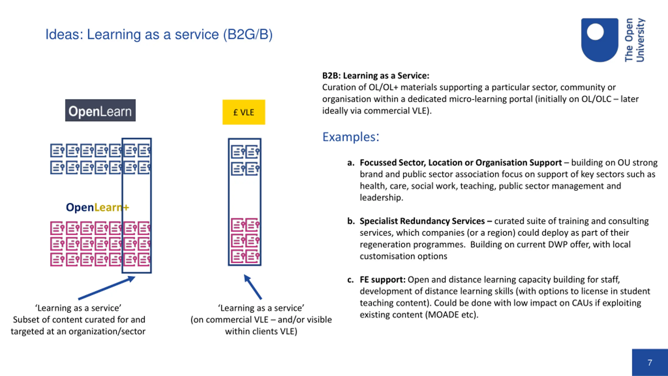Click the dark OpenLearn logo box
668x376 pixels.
pyautogui.click(x=100, y=110)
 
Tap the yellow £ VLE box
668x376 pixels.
pyautogui.click(x=244, y=112)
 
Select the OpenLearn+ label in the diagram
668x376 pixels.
pyautogui.click(x=98, y=207)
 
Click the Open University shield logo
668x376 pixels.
pyautogui.click(x=600, y=40)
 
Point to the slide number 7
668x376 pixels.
pyautogui.click(x=650, y=362)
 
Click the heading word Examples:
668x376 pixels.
pyautogui.click(x=351, y=137)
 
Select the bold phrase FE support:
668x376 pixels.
pyautogui.click(x=383, y=279)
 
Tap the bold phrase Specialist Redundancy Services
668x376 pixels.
pyautogui.click(x=422, y=221)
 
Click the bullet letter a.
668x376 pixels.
pyautogui.click(x=351, y=163)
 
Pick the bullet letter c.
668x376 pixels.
pyautogui.click(x=350, y=280)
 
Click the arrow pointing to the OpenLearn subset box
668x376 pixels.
pyautogui.click(x=106, y=288)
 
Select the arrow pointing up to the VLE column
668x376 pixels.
pyautogui.click(x=253, y=287)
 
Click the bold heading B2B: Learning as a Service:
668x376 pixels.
pyautogui.click(x=376, y=75)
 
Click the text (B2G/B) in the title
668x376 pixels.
pyautogui.click(x=248, y=34)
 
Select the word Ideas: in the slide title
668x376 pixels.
pyautogui.click(x=64, y=34)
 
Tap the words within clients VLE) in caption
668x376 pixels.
pyautogui.click(x=261, y=331)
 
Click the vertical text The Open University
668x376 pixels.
pyautogui.click(x=635, y=40)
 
